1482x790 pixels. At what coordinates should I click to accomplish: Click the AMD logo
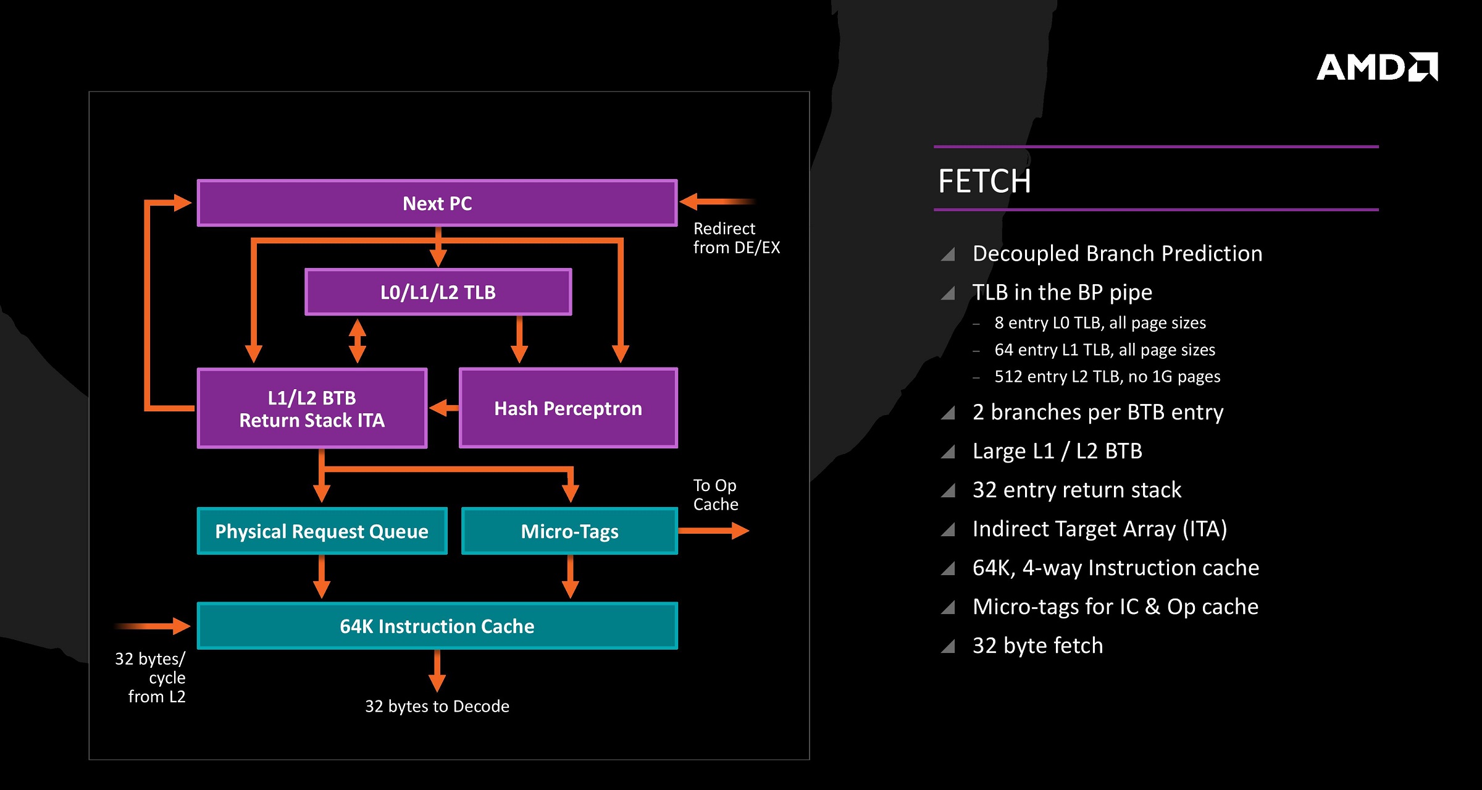click(1378, 67)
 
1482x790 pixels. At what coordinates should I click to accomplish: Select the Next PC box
click(437, 203)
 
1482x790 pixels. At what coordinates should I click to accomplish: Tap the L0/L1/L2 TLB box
click(438, 292)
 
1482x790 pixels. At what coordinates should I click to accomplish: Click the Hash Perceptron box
click(569, 408)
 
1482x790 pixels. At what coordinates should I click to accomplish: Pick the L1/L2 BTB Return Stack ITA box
click(312, 408)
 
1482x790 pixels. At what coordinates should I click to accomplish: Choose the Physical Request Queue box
click(322, 531)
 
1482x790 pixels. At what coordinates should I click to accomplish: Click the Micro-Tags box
click(569, 531)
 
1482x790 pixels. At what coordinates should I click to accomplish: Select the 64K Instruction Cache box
click(437, 626)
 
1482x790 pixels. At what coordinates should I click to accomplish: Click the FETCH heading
click(984, 181)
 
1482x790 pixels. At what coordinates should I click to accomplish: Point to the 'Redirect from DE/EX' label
click(736, 238)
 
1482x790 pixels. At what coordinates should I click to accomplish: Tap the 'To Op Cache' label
click(716, 495)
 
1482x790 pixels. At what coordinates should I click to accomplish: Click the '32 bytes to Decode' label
click(437, 706)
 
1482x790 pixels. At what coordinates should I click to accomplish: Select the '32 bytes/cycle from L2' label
click(151, 678)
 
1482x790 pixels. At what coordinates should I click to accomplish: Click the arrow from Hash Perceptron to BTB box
click(444, 408)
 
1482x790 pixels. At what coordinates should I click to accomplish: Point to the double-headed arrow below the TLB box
click(358, 340)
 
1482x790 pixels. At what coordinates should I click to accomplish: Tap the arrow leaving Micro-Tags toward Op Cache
click(714, 531)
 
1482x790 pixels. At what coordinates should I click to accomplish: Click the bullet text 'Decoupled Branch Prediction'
click(1117, 254)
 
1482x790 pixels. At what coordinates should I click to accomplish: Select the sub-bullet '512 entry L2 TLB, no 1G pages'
click(1107, 377)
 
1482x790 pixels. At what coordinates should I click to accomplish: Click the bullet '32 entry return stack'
click(1077, 490)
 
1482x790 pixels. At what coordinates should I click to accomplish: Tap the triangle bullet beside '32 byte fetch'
click(948, 646)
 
